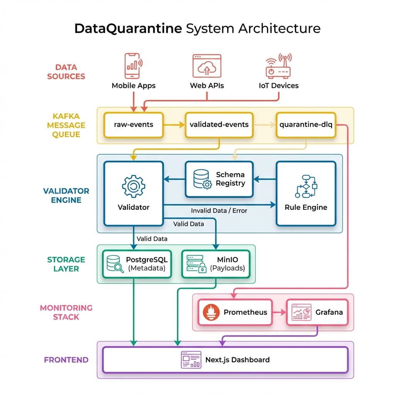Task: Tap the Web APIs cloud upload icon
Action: [207, 66]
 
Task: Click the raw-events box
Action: [133, 125]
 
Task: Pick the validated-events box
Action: [219, 125]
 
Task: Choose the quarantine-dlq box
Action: [306, 125]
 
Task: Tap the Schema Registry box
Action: [219, 179]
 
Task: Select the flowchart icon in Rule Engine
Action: [306, 186]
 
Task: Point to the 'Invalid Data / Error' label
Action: [219, 211]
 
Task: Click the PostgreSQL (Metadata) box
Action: [133, 263]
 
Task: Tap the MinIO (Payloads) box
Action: [216, 263]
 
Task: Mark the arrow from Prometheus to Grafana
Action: [279, 312]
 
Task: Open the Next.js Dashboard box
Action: [226, 360]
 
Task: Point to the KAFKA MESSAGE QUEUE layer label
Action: [66, 125]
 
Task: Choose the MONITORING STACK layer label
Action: [66, 312]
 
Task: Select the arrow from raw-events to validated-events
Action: [174, 125]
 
